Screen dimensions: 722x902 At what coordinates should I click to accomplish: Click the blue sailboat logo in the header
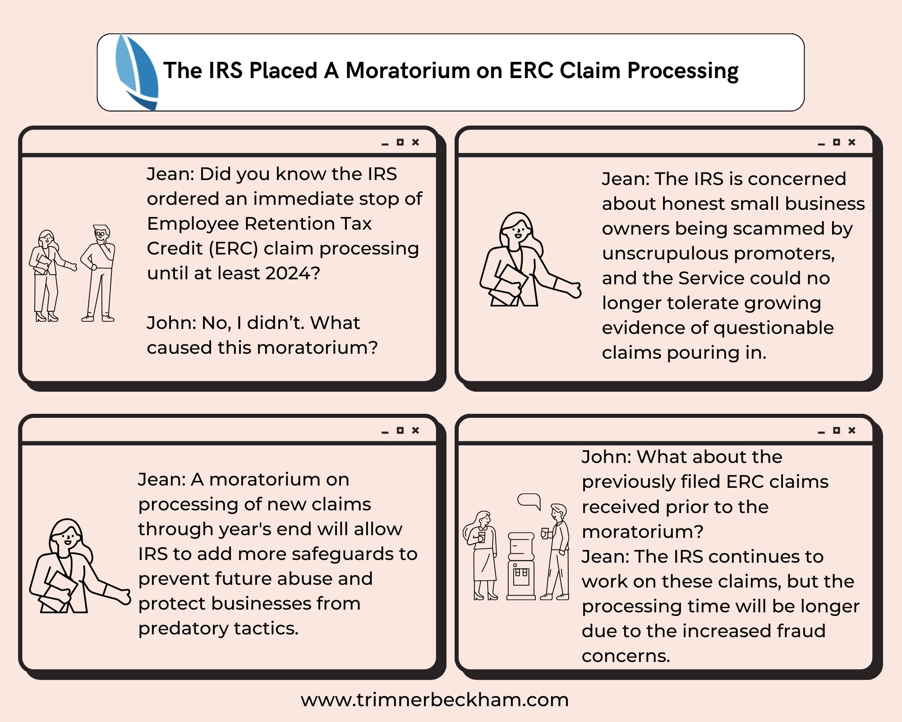(x=137, y=72)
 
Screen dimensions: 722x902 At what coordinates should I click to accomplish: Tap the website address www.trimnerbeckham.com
(x=434, y=700)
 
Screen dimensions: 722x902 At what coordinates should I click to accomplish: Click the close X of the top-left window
(x=415, y=142)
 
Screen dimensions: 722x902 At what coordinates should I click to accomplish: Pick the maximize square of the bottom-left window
(x=400, y=430)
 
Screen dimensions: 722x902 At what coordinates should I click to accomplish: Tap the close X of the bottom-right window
(x=851, y=430)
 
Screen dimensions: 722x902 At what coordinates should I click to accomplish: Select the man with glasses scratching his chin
(x=99, y=273)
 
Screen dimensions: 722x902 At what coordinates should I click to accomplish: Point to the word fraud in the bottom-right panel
(x=802, y=631)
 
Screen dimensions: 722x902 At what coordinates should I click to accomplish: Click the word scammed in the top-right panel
(x=786, y=229)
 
